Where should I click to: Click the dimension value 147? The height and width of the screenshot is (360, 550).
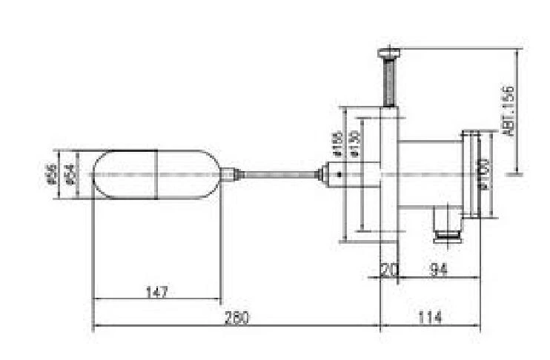click(157, 292)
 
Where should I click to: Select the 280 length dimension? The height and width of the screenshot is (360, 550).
click(236, 318)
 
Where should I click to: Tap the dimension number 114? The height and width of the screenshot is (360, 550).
click(429, 318)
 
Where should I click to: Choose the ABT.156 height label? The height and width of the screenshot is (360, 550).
click(508, 110)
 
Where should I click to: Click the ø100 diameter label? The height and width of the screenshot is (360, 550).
click(485, 173)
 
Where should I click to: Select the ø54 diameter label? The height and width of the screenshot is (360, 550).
click(68, 174)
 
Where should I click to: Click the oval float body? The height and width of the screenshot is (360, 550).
click(156, 175)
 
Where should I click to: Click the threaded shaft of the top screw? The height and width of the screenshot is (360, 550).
click(390, 81)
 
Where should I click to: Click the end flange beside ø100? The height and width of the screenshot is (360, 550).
click(469, 175)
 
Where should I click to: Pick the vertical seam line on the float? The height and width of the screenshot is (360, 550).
click(156, 175)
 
